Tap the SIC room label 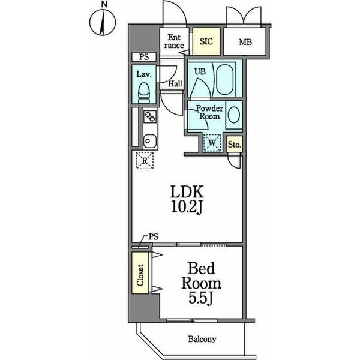[206, 41]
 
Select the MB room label [245, 42]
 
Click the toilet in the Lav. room [144, 92]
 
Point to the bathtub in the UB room [225, 79]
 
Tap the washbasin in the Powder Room [234, 115]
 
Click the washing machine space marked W [212, 143]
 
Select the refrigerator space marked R [145, 160]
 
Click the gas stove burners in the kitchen [150, 116]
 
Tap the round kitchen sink [150, 141]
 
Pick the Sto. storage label [235, 145]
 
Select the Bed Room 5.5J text [201, 284]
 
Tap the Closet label [140, 275]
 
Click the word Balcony [202, 339]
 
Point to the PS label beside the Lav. [144, 57]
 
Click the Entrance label [174, 41]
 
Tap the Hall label [175, 83]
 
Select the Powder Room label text [209, 112]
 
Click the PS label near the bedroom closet [154, 236]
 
